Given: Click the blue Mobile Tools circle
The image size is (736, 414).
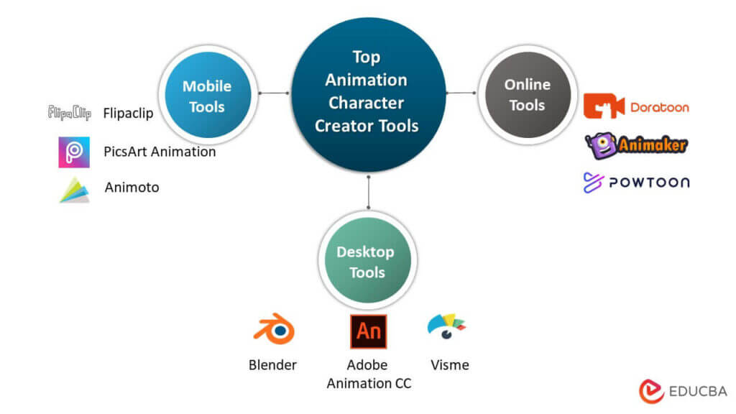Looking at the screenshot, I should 207,96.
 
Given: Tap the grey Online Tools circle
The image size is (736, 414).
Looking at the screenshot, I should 527,94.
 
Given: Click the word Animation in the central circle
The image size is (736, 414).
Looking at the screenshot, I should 367,80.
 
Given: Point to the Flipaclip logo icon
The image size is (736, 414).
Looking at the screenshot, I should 69,113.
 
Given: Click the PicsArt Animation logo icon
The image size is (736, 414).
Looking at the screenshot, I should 74,152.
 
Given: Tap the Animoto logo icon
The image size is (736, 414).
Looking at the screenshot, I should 74,189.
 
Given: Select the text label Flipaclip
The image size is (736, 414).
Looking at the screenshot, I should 128,113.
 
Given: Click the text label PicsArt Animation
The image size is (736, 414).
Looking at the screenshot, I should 160,152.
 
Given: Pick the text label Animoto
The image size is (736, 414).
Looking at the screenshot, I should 132,188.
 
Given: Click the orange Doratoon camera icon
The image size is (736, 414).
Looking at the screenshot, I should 604,106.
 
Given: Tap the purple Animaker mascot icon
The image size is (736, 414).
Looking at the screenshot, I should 600,144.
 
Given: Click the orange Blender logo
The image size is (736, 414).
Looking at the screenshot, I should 273,330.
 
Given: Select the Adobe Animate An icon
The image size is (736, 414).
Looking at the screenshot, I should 368,331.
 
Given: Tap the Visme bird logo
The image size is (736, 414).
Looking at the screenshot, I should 447,328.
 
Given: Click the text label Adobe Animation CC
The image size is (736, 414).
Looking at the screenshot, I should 369,374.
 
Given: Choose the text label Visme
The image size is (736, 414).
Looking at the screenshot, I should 450,365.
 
